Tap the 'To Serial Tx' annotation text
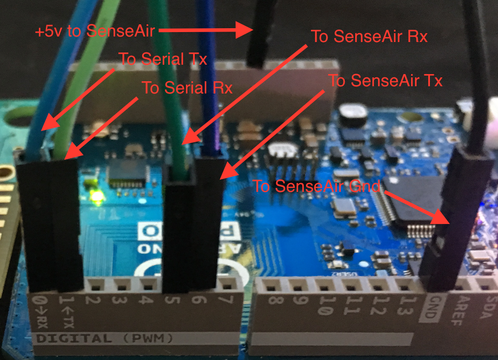163,59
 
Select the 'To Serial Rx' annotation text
187,87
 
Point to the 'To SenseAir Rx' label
370,37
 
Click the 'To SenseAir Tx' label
385,81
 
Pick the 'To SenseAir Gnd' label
317,186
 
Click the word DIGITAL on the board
72,337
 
